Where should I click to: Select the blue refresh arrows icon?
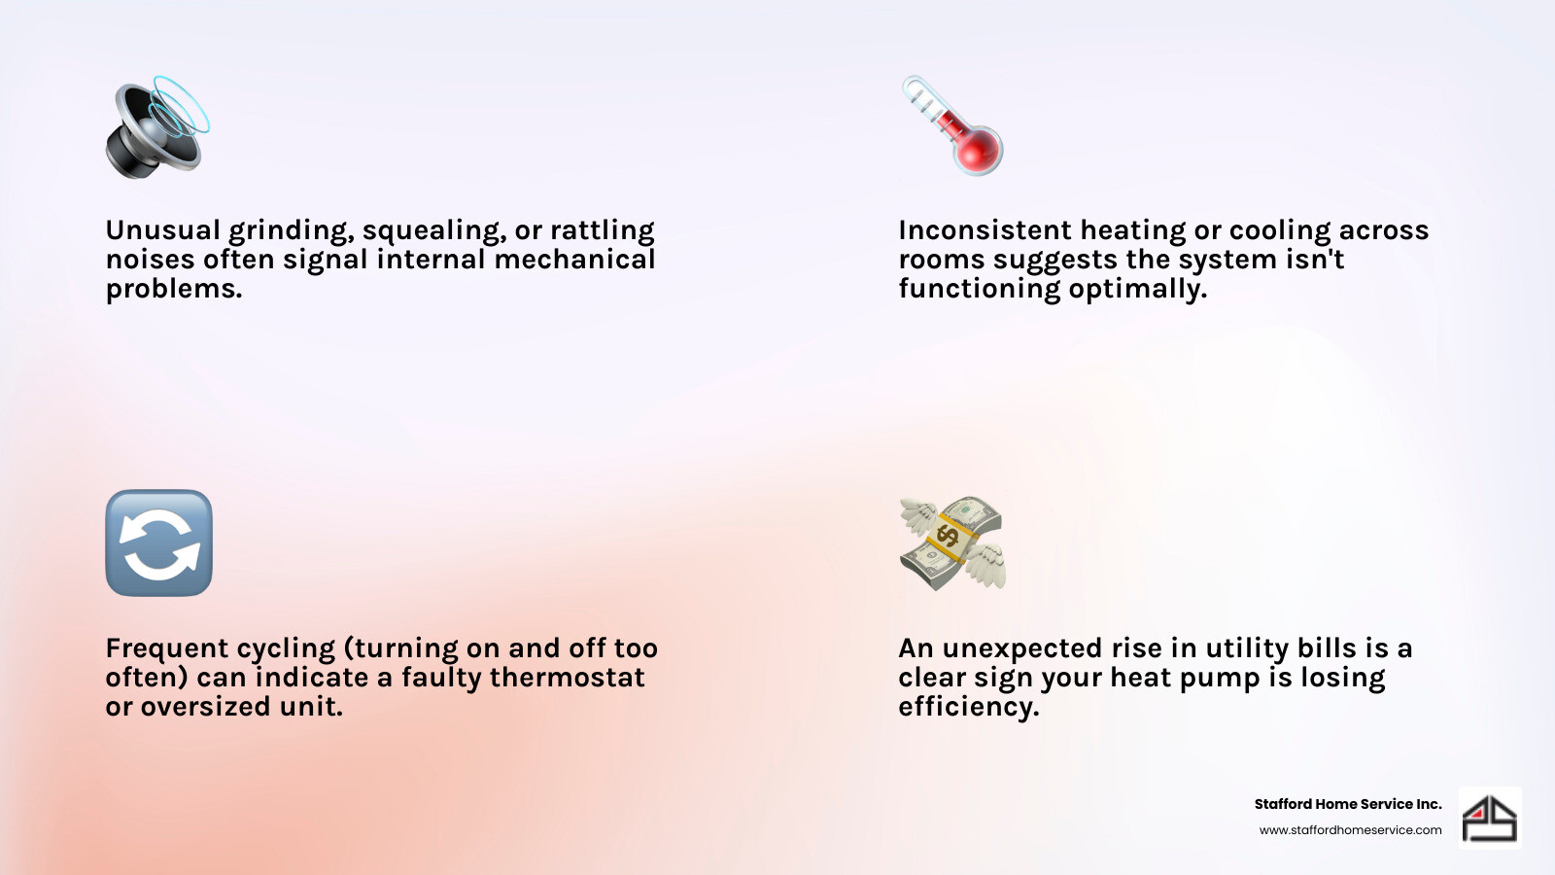158,542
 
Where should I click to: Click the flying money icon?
951,542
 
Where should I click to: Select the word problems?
173,290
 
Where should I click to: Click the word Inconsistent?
985,230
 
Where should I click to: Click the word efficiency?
968,707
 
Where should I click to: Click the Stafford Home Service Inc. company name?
1347,804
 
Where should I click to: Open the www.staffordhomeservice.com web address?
1350,830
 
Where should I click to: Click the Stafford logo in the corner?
1490,818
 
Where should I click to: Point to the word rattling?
602,231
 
